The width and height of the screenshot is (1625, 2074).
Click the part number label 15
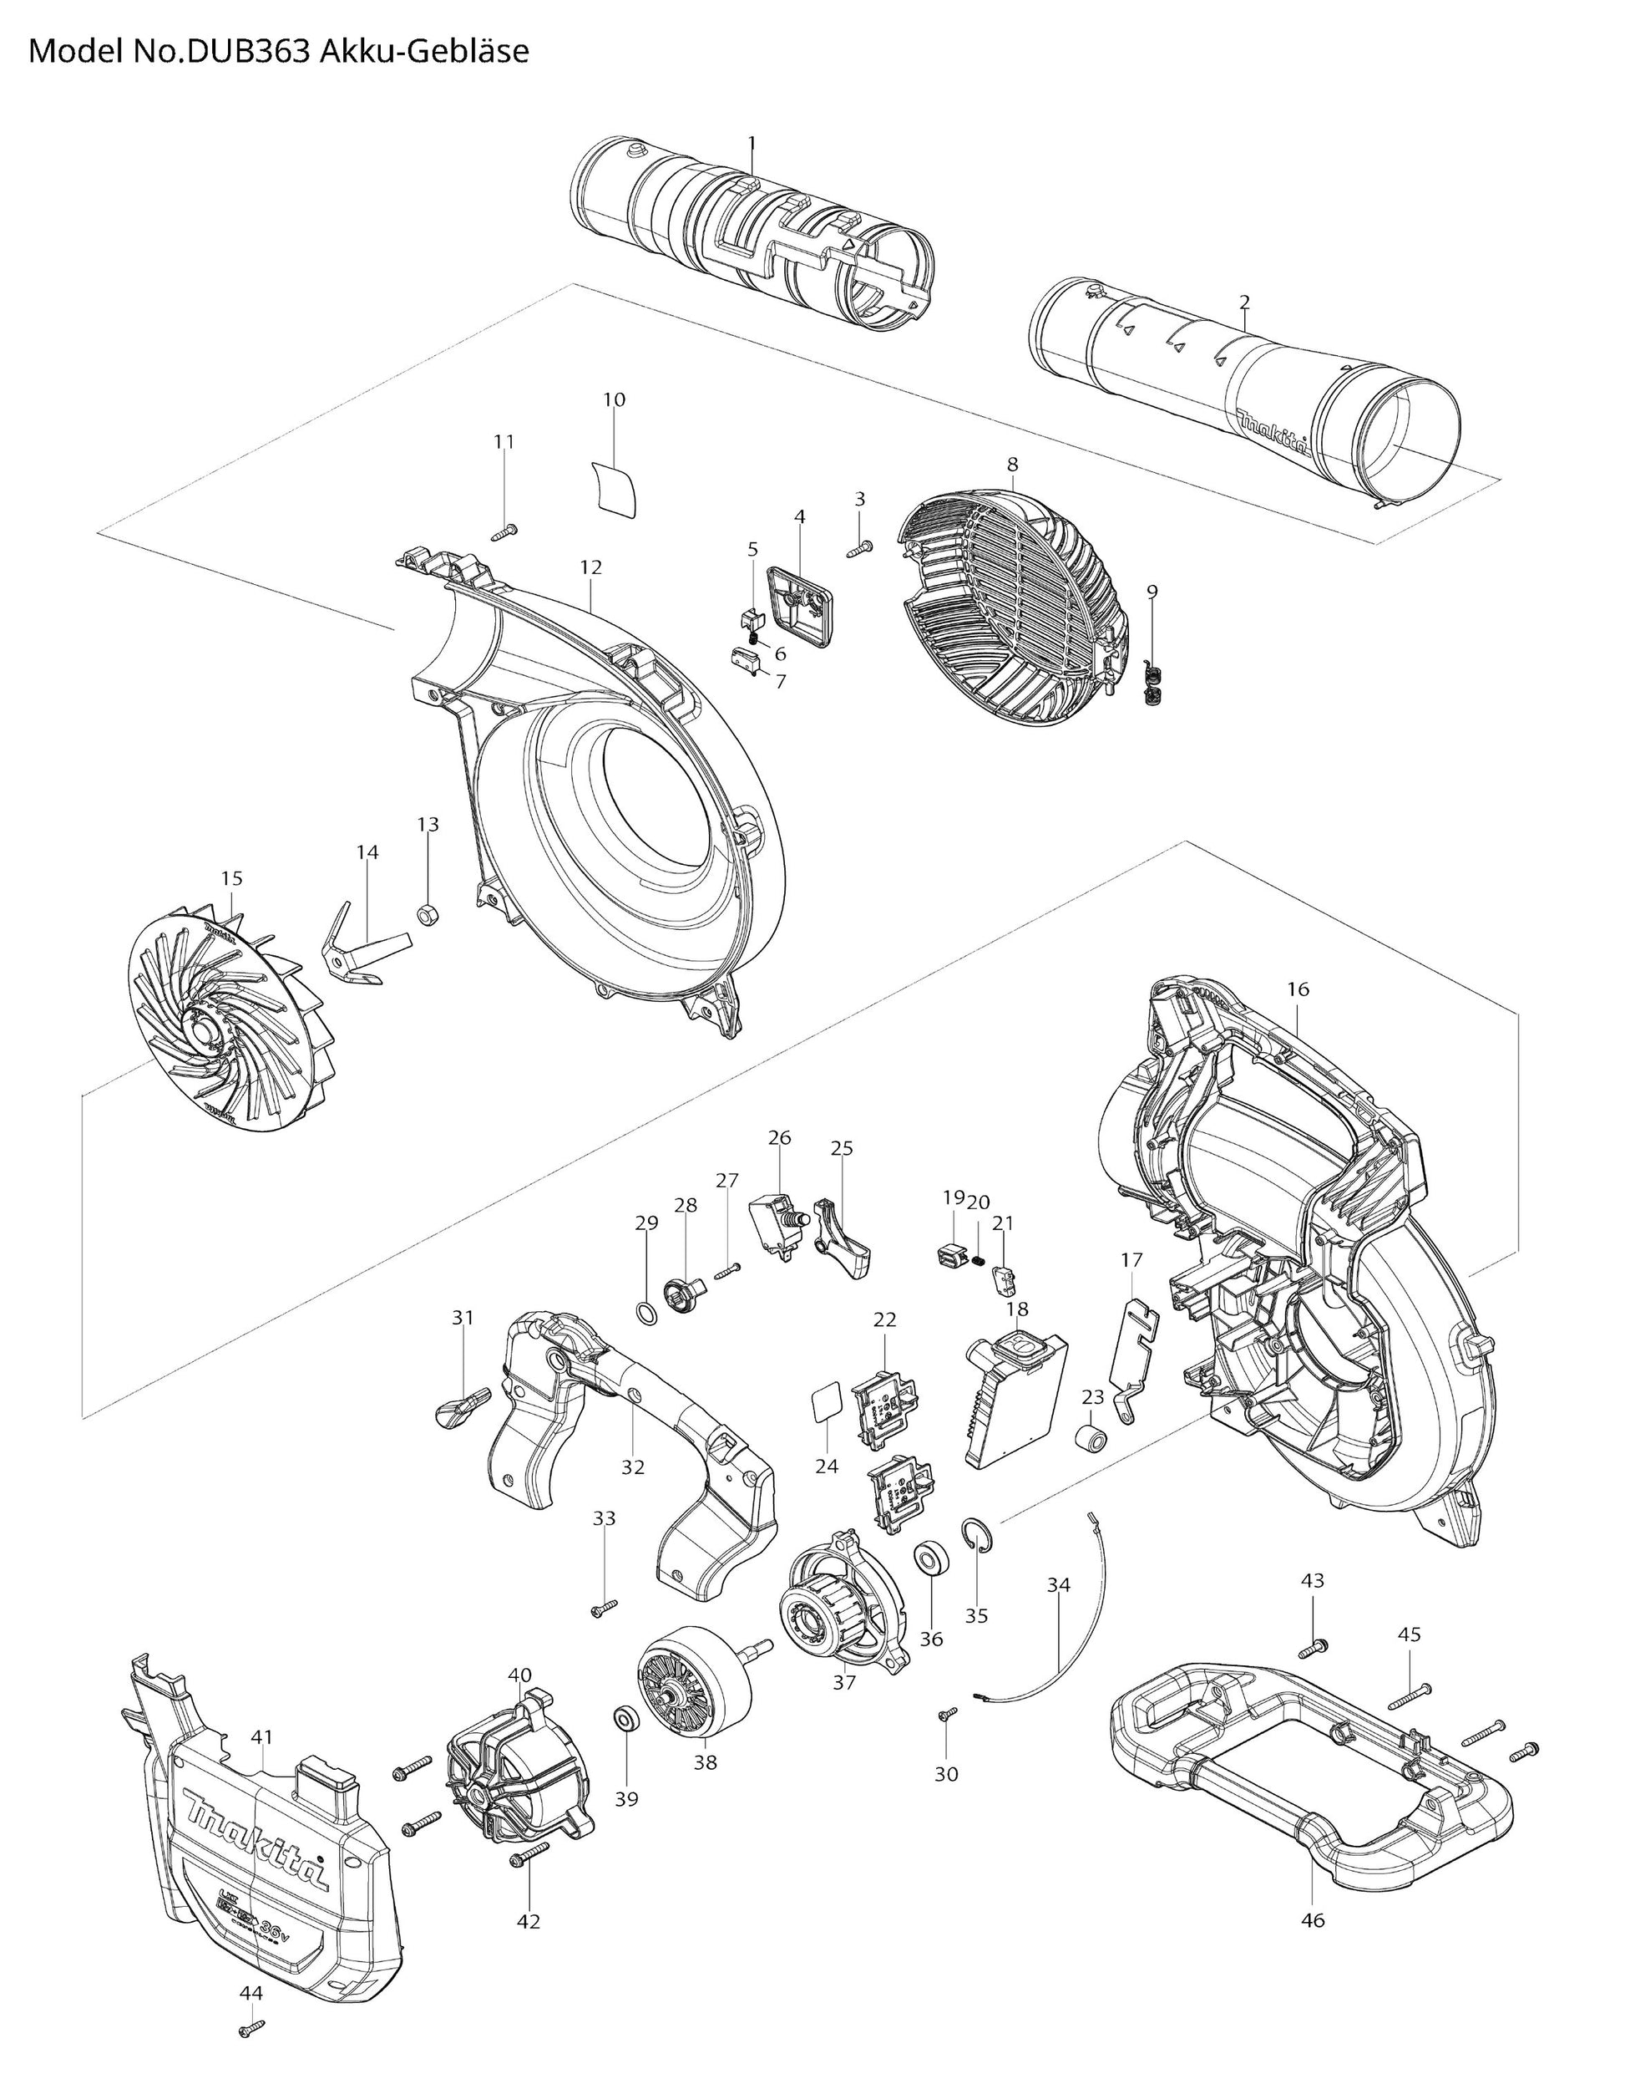(x=232, y=878)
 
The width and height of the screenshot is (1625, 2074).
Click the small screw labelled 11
(x=506, y=531)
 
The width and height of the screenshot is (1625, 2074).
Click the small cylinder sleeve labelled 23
(x=1091, y=1440)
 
